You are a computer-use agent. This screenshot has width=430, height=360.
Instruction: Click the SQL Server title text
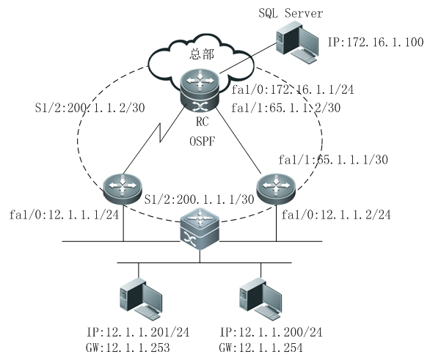(x=291, y=13)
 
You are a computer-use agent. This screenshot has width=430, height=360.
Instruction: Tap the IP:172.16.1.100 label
(x=376, y=43)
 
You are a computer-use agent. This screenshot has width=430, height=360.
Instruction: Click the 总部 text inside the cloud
(x=202, y=54)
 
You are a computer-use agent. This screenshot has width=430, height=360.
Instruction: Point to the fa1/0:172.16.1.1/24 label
(x=293, y=89)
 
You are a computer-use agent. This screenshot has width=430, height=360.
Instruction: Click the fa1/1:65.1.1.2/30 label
(x=285, y=108)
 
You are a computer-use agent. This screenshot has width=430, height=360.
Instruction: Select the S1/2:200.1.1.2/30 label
(x=90, y=108)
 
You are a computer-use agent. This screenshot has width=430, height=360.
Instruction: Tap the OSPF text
(x=203, y=142)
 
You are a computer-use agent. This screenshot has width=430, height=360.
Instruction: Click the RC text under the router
(x=203, y=122)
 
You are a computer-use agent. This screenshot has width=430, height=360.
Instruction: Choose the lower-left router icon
(x=123, y=189)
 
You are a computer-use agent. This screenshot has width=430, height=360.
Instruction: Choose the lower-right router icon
(x=276, y=189)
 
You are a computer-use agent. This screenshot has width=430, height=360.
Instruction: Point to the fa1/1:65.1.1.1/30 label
(x=333, y=159)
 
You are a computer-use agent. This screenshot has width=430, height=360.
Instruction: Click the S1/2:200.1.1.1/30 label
(x=200, y=199)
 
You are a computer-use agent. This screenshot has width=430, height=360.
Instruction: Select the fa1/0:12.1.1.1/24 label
(x=64, y=215)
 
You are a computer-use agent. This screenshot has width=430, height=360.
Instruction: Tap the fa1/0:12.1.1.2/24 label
(x=336, y=215)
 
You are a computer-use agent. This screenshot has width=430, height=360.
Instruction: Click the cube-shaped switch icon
(x=200, y=229)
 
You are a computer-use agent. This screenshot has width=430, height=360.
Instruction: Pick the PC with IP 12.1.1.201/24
(x=141, y=298)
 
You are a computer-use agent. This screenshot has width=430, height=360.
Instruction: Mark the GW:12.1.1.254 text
(x=260, y=348)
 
